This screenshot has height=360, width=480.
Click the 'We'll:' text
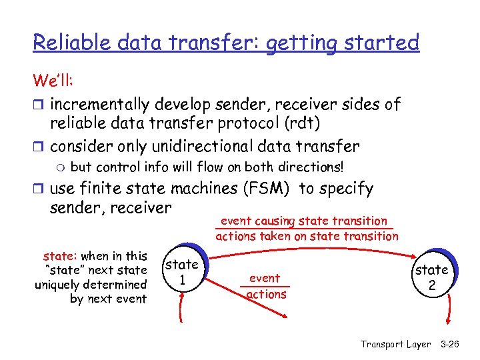(x=55, y=81)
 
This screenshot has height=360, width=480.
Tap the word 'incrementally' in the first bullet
(x=99, y=104)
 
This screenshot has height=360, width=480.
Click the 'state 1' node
(x=181, y=271)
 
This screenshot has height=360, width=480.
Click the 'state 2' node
(x=432, y=277)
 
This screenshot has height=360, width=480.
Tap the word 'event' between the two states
(x=265, y=279)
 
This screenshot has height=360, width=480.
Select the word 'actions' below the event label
(x=267, y=294)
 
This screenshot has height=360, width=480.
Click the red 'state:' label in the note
(x=60, y=256)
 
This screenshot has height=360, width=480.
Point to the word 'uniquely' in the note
(x=57, y=285)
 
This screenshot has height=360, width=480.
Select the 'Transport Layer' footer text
(x=395, y=344)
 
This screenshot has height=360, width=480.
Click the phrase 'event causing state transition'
(x=303, y=221)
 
